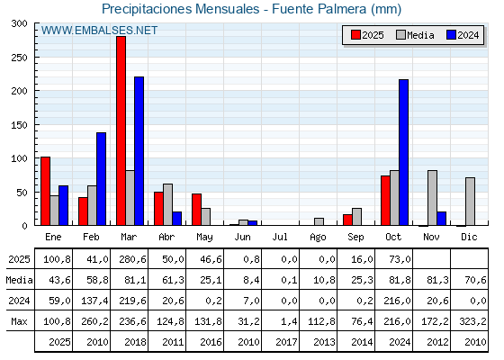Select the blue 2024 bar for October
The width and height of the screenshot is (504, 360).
pyautogui.click(x=403, y=152)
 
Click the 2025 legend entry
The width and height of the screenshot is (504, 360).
pyautogui.click(x=368, y=35)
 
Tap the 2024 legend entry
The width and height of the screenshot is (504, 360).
pyautogui.click(x=463, y=35)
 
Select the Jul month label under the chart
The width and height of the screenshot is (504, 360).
pyautogui.click(x=281, y=237)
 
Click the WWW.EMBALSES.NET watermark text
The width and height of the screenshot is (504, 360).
pyautogui.click(x=99, y=31)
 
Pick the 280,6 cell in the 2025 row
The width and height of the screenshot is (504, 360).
pyautogui.click(x=130, y=259)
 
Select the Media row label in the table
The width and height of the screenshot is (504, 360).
pyautogui.click(x=18, y=280)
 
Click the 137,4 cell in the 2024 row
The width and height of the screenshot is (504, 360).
pyautogui.click(x=92, y=301)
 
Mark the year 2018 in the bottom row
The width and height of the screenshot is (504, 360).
pyautogui.click(x=130, y=342)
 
